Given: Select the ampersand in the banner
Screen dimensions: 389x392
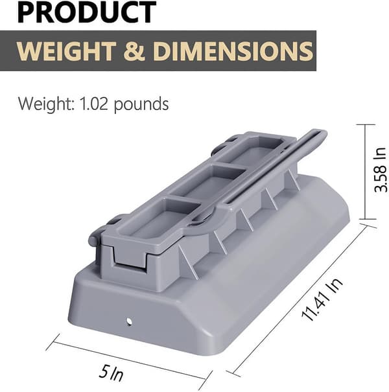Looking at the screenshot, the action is (134, 51).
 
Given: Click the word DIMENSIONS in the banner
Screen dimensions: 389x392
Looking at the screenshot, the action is (233, 51).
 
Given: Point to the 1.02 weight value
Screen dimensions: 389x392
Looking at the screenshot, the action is (93, 104).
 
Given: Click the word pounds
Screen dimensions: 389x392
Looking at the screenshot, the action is (141, 104).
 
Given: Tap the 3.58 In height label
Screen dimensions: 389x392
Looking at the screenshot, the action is (380, 170).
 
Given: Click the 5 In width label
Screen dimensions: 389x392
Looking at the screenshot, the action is (111, 373).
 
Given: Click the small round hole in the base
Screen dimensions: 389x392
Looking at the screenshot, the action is (129, 321).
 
